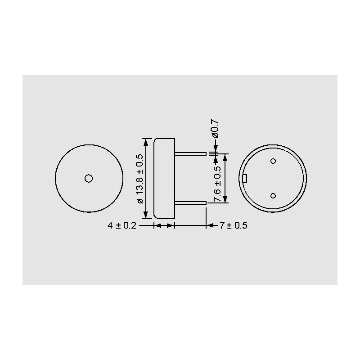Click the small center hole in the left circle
tap(89, 178)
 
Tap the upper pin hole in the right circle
tap(273, 161)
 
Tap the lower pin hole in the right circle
tap(273, 196)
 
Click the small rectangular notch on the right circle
tap(245, 178)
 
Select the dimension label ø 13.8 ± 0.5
tap(140, 179)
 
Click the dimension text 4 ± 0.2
tap(122, 225)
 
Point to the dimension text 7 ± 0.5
tap(234, 225)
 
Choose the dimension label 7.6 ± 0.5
tap(217, 184)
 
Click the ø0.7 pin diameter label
tap(216, 129)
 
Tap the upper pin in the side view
tap(191, 153)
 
